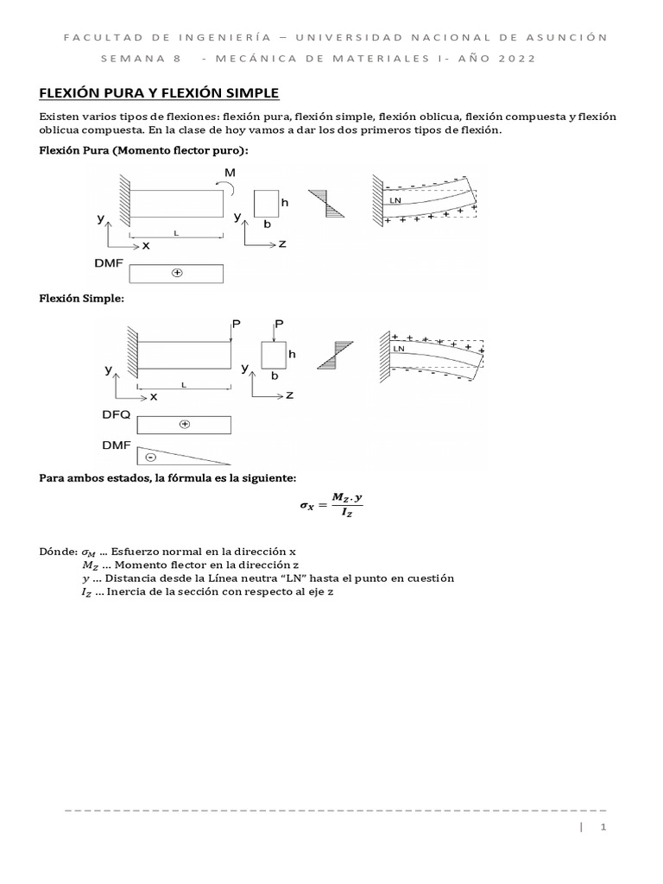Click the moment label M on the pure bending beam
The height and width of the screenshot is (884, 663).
pos(229,173)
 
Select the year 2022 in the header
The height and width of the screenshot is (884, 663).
pos(516,59)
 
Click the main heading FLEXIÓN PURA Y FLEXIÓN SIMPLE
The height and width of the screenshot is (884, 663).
pos(161,93)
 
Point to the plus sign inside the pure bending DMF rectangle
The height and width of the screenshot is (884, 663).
pos(177,273)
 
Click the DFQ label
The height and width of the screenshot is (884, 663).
pos(116,414)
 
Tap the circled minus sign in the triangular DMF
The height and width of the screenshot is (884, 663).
pos(150,457)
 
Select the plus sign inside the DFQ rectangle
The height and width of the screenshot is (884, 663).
pos(184,424)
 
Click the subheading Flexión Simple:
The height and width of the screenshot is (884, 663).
pos(82,298)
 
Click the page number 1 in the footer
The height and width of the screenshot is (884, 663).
pos(604,828)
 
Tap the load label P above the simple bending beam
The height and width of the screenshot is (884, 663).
pos(234,324)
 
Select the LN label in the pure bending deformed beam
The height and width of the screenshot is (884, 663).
pos(396,200)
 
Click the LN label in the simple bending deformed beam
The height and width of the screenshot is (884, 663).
pos(398,349)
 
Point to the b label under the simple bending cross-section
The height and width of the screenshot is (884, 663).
pos(274,376)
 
